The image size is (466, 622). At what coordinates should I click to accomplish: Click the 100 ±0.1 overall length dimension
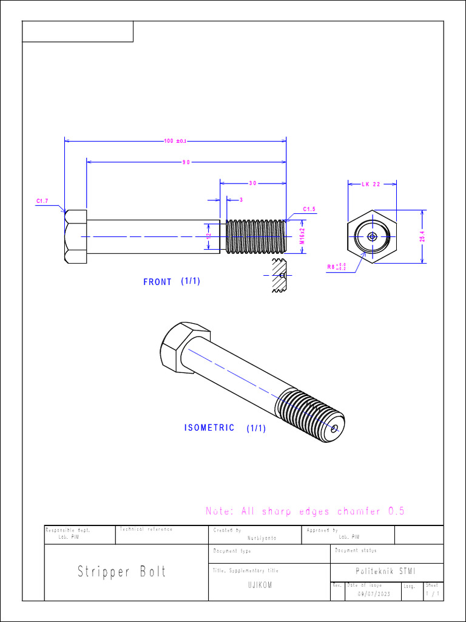[x=175, y=141]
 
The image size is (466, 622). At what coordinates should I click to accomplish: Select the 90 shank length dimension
[x=186, y=162]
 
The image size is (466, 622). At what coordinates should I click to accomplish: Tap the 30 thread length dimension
[x=252, y=183]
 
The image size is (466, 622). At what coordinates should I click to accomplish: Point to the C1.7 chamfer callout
[x=42, y=200]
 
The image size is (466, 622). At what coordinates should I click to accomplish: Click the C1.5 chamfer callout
[x=309, y=210]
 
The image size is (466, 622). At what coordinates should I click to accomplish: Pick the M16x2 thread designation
[x=302, y=236]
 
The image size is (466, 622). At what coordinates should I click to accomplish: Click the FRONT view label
[x=158, y=282]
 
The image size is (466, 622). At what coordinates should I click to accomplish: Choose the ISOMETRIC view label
[x=209, y=428]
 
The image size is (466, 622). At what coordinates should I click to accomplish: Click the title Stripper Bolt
[x=121, y=572]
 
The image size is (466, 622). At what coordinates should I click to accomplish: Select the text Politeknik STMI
[x=387, y=571]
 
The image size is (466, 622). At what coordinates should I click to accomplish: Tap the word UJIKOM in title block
[x=260, y=586]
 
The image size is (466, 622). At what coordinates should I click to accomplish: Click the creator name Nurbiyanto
[x=262, y=538]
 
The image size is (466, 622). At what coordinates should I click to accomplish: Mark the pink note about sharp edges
[x=305, y=511]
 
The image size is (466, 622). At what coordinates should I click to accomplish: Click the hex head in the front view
[x=76, y=236]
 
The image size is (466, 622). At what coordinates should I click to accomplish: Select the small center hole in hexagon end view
[x=372, y=236]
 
